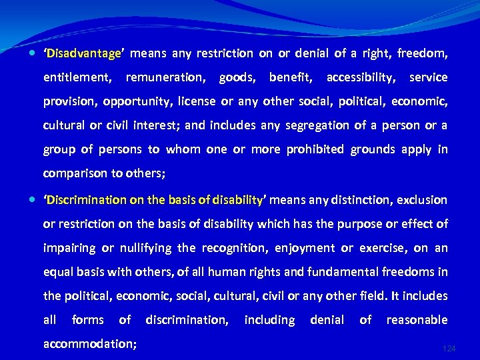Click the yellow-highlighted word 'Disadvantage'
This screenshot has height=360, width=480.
click(83, 53)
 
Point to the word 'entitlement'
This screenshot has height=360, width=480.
click(77, 77)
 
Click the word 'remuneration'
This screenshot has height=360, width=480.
click(165, 77)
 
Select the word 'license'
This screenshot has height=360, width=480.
click(199, 101)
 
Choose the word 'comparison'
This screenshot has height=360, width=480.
click(73, 173)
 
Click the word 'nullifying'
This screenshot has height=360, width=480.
click(145, 248)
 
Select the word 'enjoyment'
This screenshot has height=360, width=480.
click(305, 248)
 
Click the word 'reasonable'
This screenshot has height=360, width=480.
click(417, 320)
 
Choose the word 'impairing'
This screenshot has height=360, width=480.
click(69, 248)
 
